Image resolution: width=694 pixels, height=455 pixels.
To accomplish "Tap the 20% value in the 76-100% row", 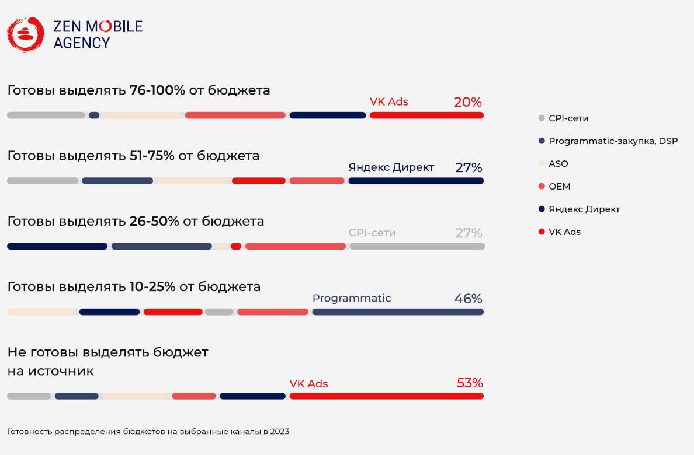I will (468, 103).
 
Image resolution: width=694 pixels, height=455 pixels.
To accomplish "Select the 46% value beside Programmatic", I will (468, 299).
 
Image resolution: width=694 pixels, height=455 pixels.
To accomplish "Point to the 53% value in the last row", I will (469, 383).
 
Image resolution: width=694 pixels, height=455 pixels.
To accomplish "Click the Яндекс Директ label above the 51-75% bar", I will (391, 167).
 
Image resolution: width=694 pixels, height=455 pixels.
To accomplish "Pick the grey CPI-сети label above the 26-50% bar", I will (372, 233).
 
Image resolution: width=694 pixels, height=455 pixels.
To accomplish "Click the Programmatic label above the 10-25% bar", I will (352, 299).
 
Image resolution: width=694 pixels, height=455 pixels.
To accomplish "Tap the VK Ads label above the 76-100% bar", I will (389, 101).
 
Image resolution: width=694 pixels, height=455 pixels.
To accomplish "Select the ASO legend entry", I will (558, 164).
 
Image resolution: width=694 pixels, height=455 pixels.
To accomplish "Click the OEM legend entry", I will (559, 187).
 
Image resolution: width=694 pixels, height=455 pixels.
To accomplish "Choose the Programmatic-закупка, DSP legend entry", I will (613, 141).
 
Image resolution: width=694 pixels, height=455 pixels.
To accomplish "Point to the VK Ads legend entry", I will (564, 232).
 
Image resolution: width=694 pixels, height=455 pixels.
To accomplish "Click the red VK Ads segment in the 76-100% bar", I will (426, 116).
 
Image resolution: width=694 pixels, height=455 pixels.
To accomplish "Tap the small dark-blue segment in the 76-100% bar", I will (94, 116).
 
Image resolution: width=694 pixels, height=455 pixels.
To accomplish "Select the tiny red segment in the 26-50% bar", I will (236, 247).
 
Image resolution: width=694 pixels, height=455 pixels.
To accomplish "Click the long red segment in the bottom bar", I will (386, 396).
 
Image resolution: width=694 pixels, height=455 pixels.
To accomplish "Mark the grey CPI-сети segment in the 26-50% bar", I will (417, 247).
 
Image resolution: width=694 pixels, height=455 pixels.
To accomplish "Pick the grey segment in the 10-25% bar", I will (219, 312).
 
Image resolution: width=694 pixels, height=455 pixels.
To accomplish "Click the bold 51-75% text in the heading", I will (152, 156).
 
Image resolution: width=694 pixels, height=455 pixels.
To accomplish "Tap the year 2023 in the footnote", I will (279, 432).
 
